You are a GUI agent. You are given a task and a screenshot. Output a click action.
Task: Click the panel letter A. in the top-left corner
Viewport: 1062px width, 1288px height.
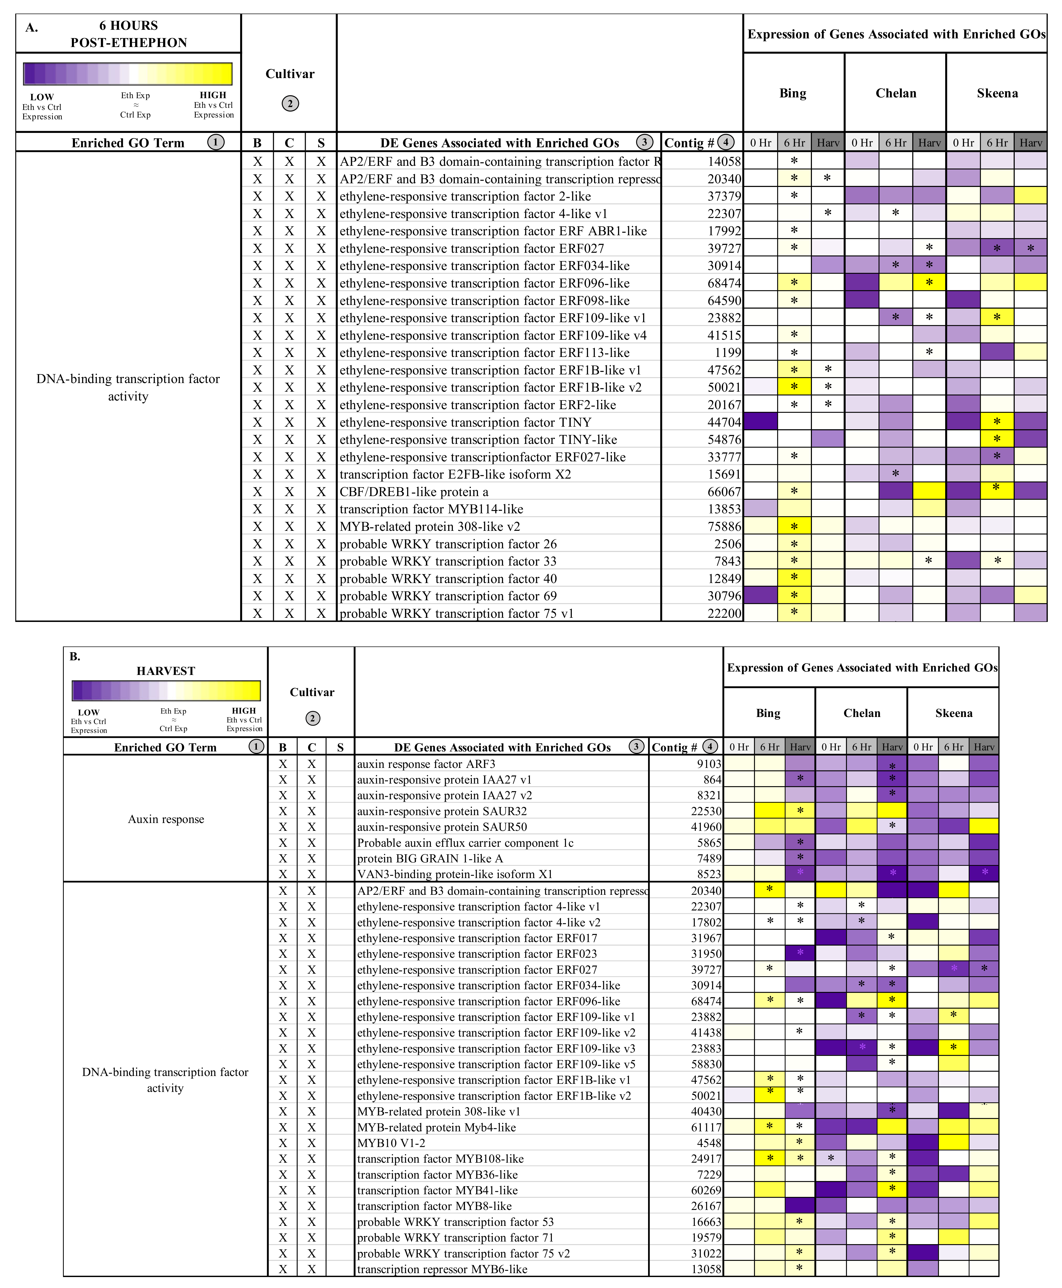point(32,27)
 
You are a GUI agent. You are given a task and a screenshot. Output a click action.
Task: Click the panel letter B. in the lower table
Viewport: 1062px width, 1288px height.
point(75,656)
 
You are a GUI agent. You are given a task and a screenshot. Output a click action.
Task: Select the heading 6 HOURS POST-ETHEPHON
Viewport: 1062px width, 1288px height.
point(129,34)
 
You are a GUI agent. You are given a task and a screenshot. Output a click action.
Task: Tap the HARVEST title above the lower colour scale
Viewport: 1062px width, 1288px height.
point(166,671)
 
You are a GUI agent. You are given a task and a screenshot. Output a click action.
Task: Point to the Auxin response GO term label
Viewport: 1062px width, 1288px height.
point(166,819)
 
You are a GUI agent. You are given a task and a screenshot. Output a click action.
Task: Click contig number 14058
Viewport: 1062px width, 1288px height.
point(724,161)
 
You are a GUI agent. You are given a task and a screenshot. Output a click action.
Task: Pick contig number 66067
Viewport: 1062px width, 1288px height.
point(724,491)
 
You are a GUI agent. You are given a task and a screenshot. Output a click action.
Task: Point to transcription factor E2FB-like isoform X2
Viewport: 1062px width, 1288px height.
point(455,474)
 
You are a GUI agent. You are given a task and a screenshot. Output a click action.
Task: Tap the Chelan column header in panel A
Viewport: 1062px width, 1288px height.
point(896,93)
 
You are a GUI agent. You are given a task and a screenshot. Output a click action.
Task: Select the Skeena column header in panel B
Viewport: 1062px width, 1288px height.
point(953,713)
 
